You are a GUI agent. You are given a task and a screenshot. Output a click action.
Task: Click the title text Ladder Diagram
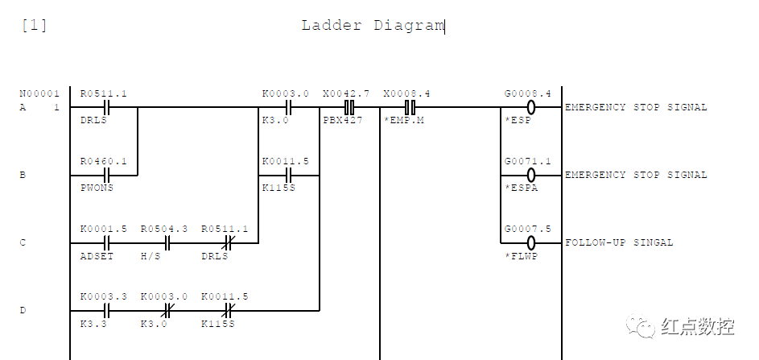pyautogui.click(x=373, y=25)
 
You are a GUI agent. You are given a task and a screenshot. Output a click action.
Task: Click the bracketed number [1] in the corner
pyautogui.click(x=34, y=25)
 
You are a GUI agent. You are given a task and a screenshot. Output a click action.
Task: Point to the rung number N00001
pyautogui.click(x=40, y=93)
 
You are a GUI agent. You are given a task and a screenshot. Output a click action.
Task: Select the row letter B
pyautogui.click(x=23, y=175)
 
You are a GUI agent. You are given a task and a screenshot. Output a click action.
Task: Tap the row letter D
pyautogui.click(x=23, y=310)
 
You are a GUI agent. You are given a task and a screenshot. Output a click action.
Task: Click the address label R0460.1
pyautogui.click(x=103, y=161)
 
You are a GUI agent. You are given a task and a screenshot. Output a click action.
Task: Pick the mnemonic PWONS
pyautogui.click(x=97, y=188)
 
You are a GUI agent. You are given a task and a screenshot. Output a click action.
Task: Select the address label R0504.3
pyautogui.click(x=163, y=229)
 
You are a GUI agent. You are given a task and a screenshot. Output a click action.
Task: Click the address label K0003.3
pyautogui.click(x=103, y=296)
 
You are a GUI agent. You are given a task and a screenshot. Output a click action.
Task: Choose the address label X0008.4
pyautogui.click(x=406, y=93)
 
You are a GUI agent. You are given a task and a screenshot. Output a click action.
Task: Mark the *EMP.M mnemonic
pyautogui.click(x=403, y=120)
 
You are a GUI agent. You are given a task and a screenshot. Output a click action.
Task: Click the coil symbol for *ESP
pyautogui.click(x=531, y=107)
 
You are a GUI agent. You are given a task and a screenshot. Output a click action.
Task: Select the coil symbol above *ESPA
pyautogui.click(x=531, y=175)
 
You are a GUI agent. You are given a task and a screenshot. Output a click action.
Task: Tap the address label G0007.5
pyautogui.click(x=527, y=229)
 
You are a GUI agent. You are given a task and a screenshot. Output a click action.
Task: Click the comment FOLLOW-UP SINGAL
pyautogui.click(x=619, y=242)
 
